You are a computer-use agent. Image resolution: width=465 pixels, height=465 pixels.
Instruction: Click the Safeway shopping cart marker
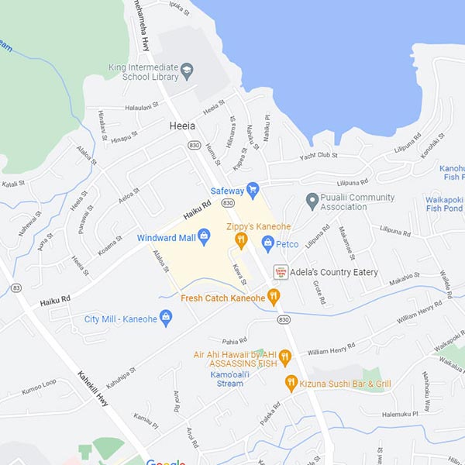[x=253, y=189]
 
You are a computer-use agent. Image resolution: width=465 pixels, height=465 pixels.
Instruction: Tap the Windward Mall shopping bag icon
[x=205, y=236]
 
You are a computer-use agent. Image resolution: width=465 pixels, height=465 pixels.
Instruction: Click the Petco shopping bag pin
[x=268, y=244]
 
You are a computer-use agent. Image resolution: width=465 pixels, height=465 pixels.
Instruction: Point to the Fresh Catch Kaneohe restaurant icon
[x=273, y=296]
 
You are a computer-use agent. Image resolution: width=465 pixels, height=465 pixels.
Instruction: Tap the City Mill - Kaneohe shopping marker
[x=166, y=318]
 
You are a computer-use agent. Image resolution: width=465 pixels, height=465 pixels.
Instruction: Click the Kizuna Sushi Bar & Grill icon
[x=291, y=383]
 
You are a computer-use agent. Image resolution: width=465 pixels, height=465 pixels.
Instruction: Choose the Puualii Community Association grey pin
[x=312, y=201]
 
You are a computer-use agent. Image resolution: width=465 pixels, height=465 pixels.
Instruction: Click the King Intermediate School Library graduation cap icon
[x=186, y=71]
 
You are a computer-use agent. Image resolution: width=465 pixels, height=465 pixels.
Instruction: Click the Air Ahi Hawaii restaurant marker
[x=284, y=357]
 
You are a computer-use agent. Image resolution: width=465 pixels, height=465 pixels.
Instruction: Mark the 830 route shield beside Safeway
[x=227, y=202]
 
